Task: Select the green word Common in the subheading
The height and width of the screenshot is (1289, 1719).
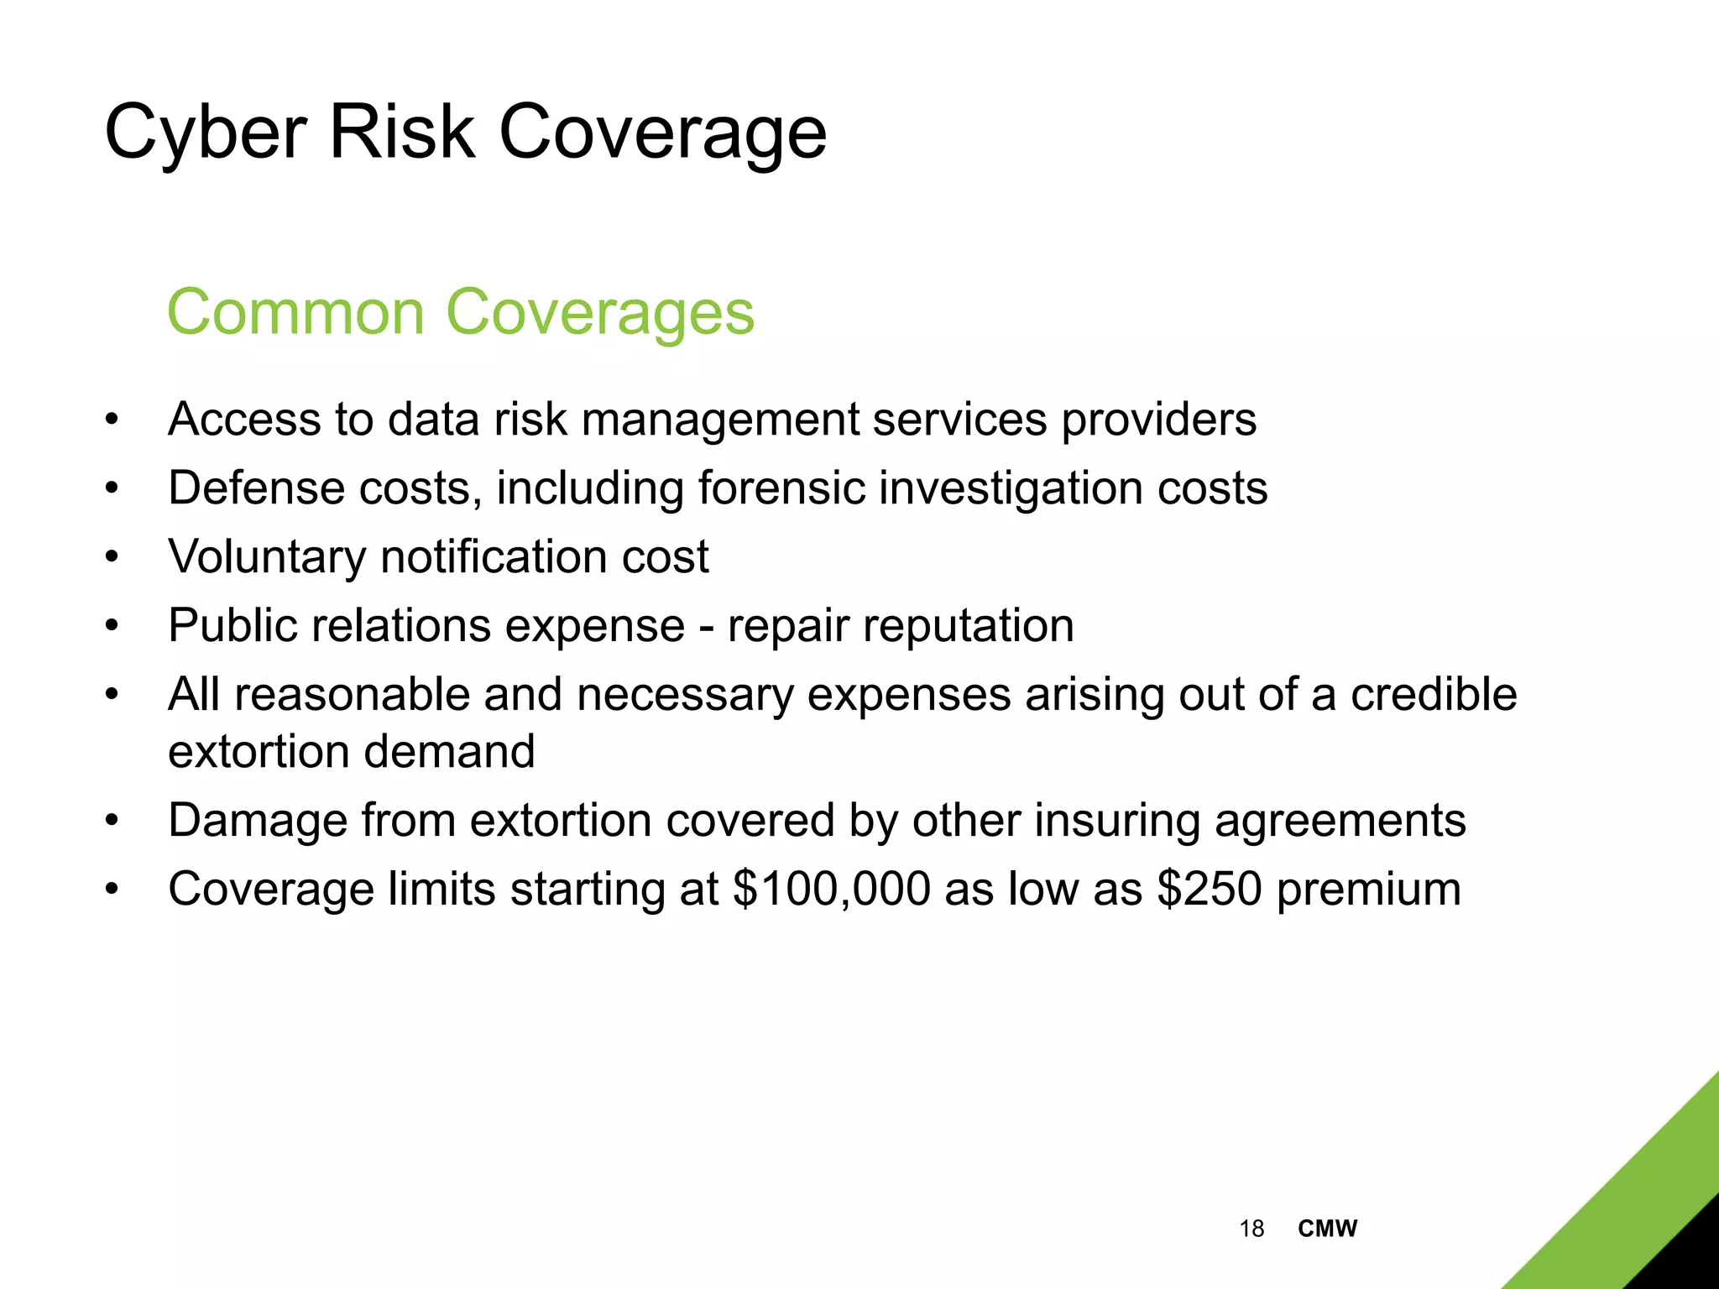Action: pos(296,312)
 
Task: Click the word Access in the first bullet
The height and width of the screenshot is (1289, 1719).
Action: pos(244,419)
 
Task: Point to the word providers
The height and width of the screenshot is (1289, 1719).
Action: pos(1158,420)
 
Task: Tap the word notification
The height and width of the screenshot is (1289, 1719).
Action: pos(494,556)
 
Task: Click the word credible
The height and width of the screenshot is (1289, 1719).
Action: pos(1433,694)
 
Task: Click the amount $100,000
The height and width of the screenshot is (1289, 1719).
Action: pos(831,889)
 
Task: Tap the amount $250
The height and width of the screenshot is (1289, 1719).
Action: pos(1209,889)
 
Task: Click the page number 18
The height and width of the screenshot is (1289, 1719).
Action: pos(1251,1229)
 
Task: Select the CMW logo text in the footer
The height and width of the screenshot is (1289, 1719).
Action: pos(1327,1229)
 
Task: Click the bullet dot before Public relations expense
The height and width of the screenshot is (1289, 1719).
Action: pos(112,627)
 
